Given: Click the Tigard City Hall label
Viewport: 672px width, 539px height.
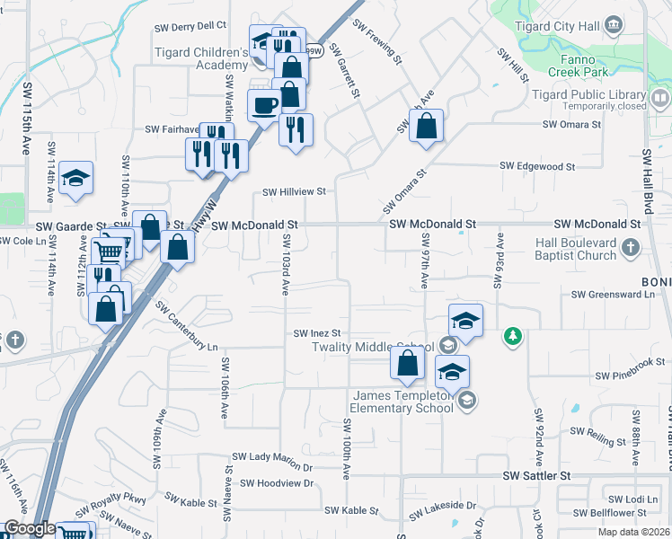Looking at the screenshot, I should (563, 26).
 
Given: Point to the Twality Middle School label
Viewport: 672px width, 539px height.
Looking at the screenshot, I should (373, 348).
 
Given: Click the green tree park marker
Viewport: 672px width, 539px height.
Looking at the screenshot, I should (513, 336).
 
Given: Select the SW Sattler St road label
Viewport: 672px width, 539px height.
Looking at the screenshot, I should (536, 474).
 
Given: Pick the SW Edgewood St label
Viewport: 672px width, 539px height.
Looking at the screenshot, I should (537, 166).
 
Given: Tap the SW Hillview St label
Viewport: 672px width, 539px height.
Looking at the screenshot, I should (294, 191).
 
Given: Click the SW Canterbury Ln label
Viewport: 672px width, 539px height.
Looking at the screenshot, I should (187, 326).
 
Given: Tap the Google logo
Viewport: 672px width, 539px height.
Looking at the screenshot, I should (30, 529).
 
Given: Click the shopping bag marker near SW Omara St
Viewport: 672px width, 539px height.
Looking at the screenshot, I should (427, 128).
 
